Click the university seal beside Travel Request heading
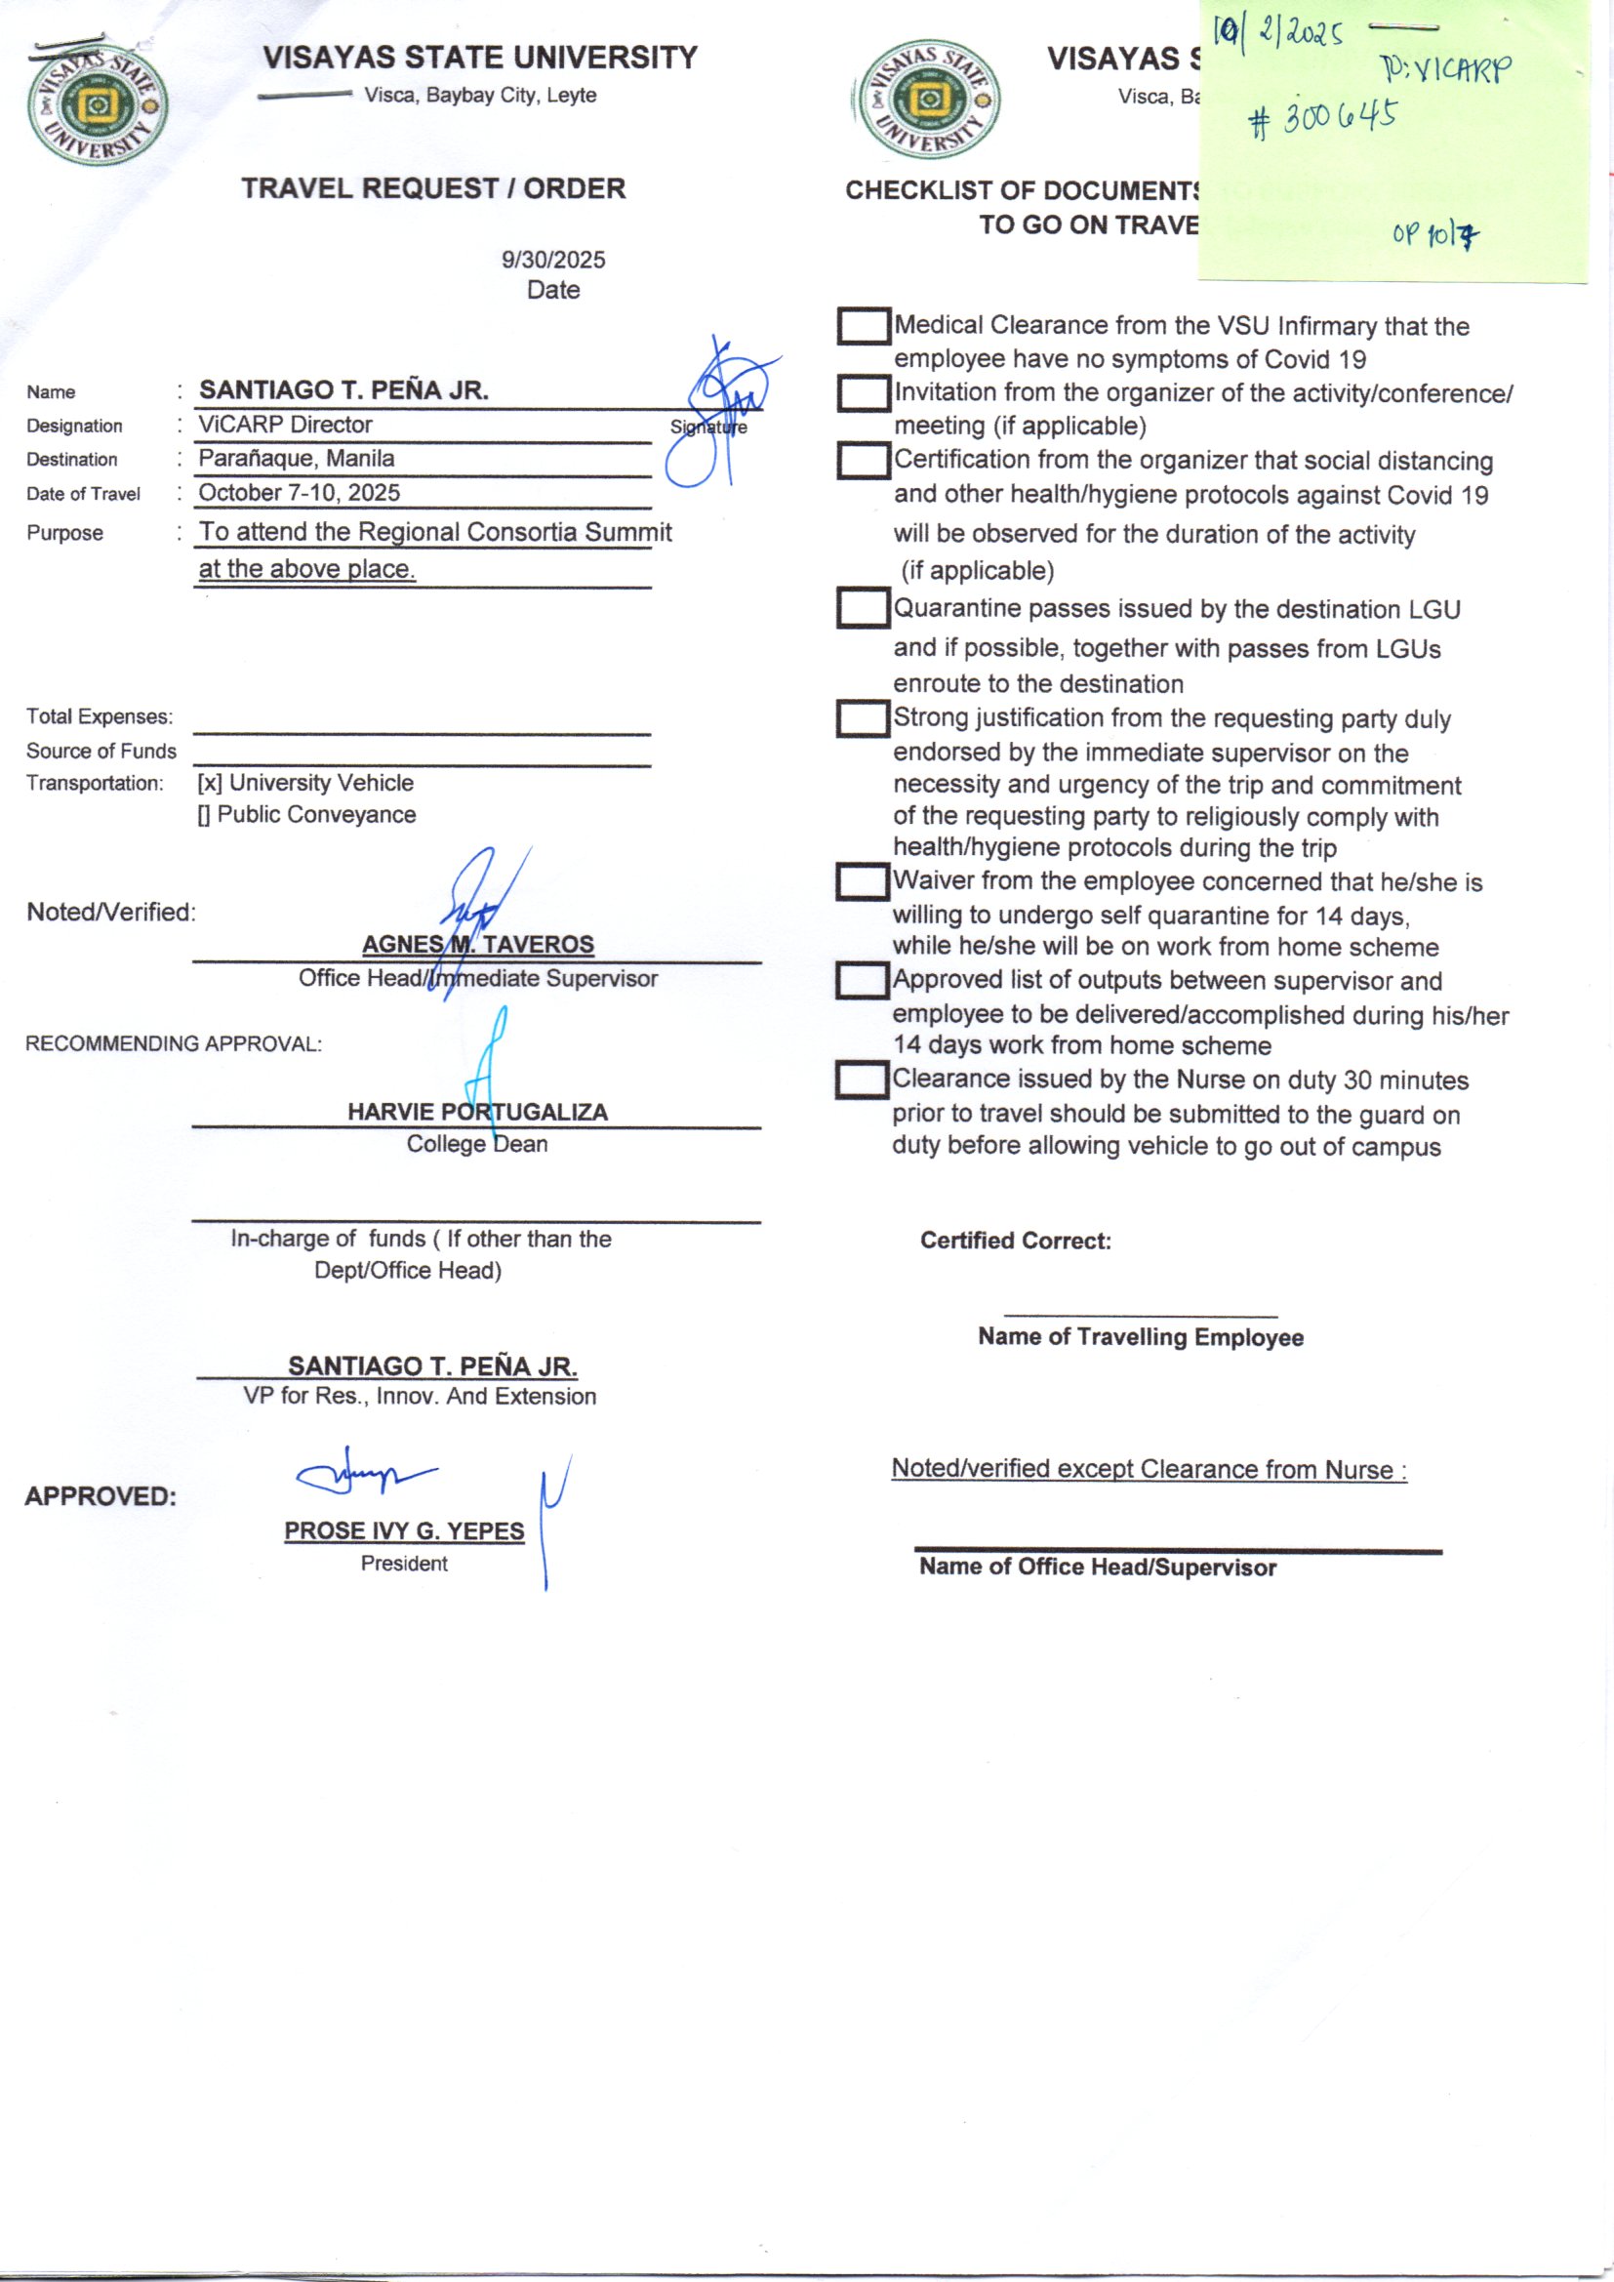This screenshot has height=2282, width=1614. [97, 104]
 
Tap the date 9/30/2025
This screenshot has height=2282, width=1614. [552, 261]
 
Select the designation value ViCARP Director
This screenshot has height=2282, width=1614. [285, 426]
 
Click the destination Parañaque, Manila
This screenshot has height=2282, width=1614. [297, 459]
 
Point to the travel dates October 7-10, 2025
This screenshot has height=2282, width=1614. [300, 493]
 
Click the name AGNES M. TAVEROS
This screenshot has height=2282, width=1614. [477, 944]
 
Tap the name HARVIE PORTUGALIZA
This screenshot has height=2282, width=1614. [477, 1112]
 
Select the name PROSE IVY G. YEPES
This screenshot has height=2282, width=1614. [404, 1530]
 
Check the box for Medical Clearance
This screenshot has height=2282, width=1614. [863, 326]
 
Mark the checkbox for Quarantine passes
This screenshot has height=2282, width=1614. [863, 609]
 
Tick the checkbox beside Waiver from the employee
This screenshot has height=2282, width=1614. [862, 881]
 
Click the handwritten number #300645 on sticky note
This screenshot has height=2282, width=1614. [1322, 119]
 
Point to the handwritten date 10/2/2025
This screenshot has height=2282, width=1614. [1278, 36]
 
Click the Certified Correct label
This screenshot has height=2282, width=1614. [1015, 1241]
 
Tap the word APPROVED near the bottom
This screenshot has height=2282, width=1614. [101, 1496]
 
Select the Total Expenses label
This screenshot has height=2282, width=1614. [100, 716]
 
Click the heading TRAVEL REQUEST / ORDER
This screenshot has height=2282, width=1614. [433, 188]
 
